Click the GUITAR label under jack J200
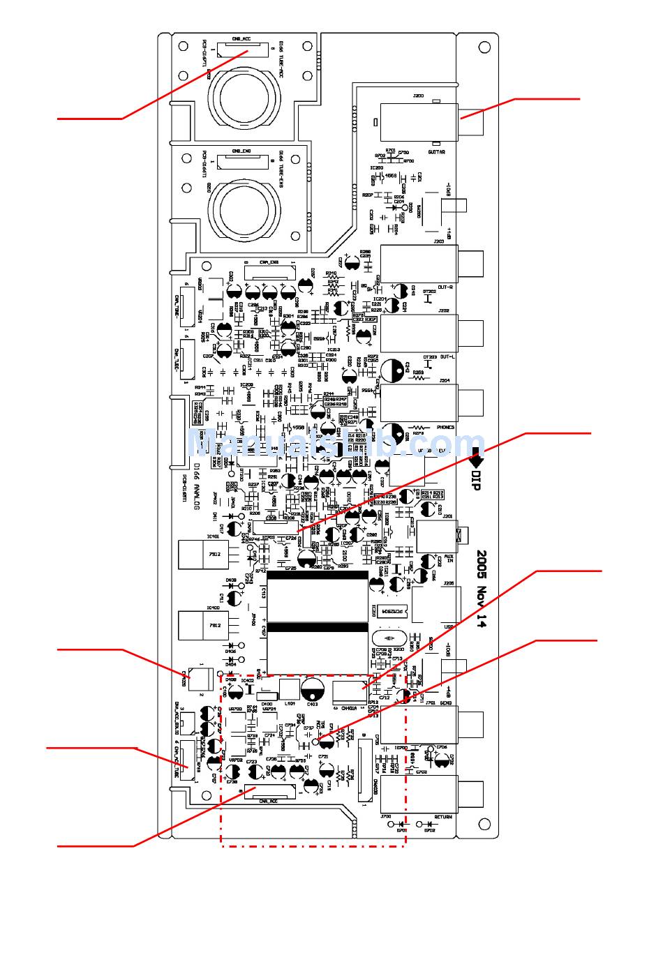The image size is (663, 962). pos(436,151)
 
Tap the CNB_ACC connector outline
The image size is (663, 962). pos(242,50)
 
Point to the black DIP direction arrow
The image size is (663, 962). pos(476,458)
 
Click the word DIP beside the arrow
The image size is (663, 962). pos(476,480)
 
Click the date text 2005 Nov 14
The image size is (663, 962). pos(482,589)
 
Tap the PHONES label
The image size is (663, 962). pos(445,427)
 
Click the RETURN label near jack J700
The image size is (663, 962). pos(443,817)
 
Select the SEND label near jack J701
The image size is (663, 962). pos(445,702)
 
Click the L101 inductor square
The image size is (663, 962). pos(289,689)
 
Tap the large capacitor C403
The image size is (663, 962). pos(313,689)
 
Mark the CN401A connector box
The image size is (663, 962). pos(350,691)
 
